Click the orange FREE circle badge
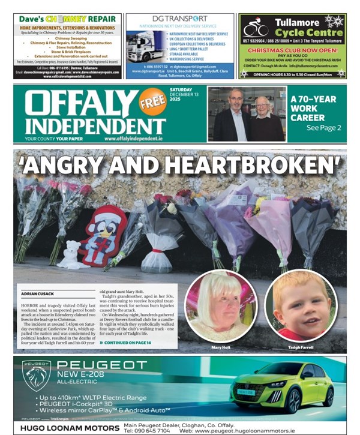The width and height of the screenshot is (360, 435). point(152,101)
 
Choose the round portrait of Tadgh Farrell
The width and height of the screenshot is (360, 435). point(300,305)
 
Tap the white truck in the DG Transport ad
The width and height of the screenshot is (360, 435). point(143,46)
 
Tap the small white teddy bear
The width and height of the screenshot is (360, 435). point(71,256)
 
